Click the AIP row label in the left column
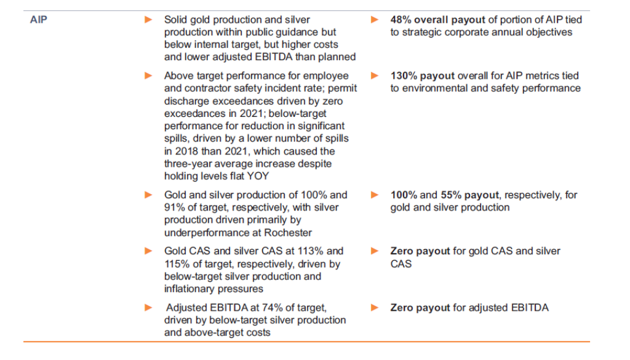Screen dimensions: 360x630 point(38,20)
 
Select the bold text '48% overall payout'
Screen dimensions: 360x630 point(437,20)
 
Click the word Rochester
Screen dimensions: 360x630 point(290,233)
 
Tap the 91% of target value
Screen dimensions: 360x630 point(175,207)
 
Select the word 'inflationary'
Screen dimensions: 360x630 point(193,289)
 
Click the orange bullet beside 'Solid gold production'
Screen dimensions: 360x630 point(148,20)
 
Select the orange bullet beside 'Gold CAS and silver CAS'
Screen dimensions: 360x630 point(148,251)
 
